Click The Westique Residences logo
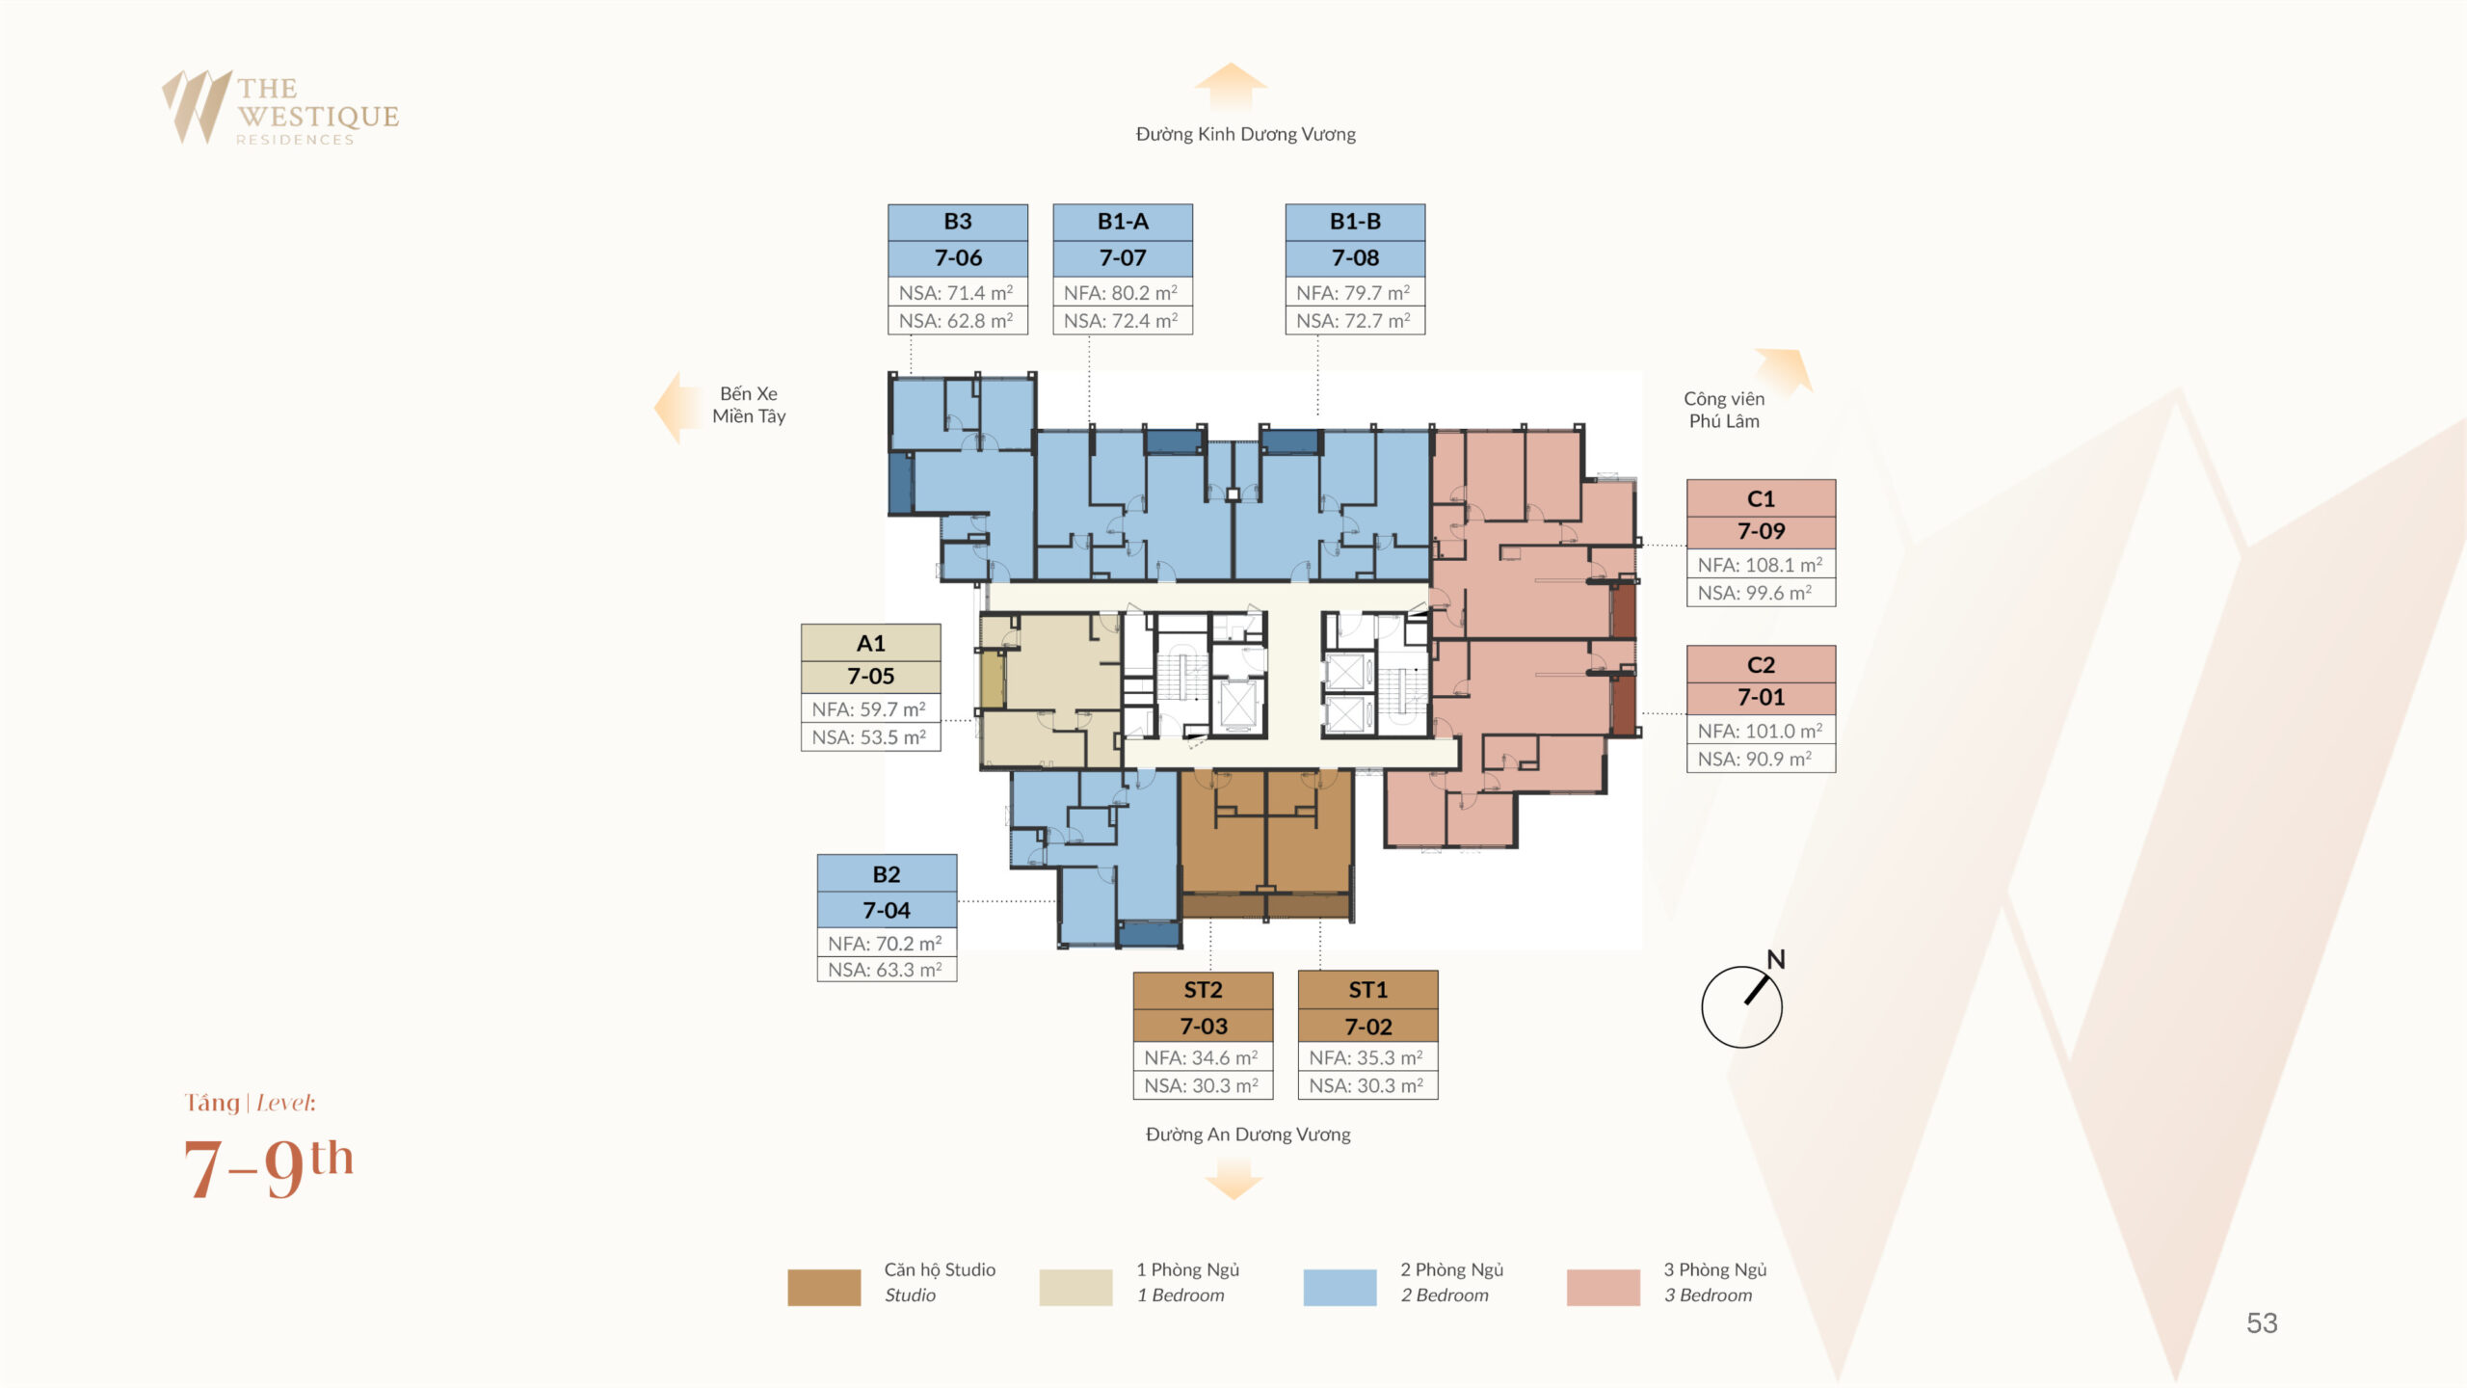tap(280, 108)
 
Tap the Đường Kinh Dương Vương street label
tap(1245, 135)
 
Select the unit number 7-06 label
tap(958, 258)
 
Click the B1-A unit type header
tap(1123, 222)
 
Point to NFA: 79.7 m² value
tap(1354, 292)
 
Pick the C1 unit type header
tap(1761, 498)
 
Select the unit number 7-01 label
tap(1761, 697)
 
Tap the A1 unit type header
tap(871, 643)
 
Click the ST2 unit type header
tap(1203, 990)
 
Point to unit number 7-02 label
tap(1368, 1027)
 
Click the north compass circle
tap(1741, 1007)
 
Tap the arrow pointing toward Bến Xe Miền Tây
tap(679, 408)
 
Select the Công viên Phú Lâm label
tap(1724, 410)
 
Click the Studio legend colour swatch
tap(824, 1287)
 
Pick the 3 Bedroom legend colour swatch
tap(1603, 1287)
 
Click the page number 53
tap(2262, 1323)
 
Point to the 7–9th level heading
tap(269, 1167)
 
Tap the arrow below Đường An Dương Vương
tap(1233, 1179)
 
